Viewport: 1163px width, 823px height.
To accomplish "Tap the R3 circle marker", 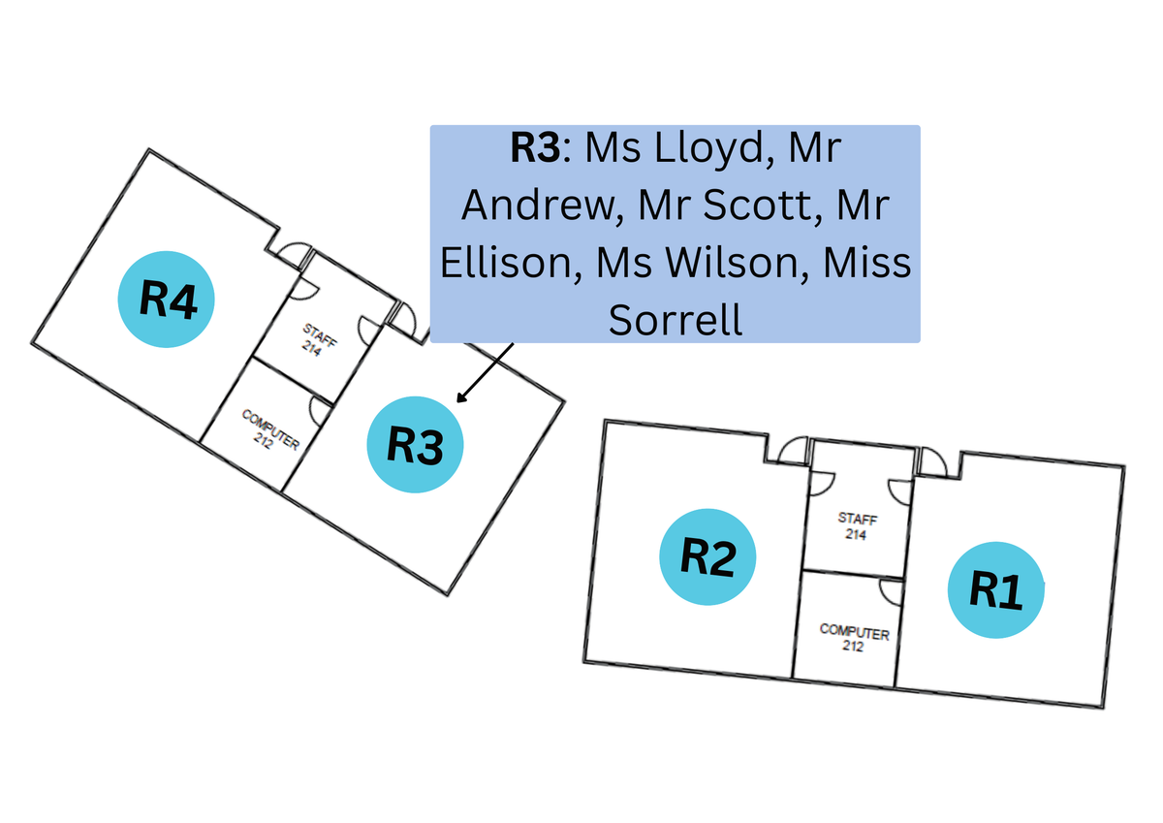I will point(416,445).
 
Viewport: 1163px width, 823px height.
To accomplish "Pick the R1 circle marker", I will point(995,590).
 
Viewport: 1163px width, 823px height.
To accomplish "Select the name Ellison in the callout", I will point(505,263).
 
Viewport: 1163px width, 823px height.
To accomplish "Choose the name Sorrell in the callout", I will point(676,318).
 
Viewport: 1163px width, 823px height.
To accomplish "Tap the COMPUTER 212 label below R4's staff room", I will point(268,429).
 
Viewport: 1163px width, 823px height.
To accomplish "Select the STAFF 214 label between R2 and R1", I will point(854,525).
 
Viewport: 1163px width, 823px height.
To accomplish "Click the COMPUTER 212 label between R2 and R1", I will point(854,637).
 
